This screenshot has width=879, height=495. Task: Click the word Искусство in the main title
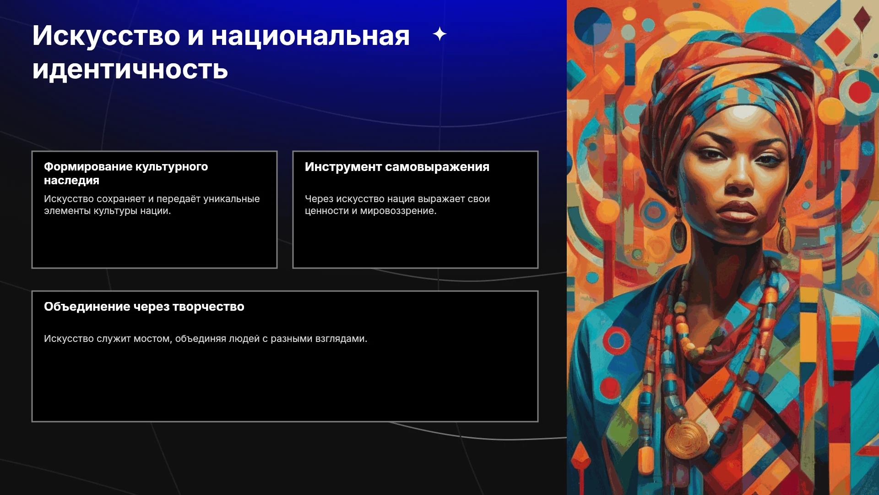(x=106, y=35)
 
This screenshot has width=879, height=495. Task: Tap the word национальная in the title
(x=310, y=36)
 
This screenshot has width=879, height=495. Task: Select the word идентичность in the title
(x=130, y=70)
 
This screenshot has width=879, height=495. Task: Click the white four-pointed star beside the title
(x=439, y=34)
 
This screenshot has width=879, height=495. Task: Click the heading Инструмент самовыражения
(x=397, y=167)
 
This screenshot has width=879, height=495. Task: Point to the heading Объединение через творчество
(x=144, y=307)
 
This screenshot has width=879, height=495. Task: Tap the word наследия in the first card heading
(x=71, y=181)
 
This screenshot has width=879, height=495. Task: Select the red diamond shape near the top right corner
(x=837, y=41)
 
